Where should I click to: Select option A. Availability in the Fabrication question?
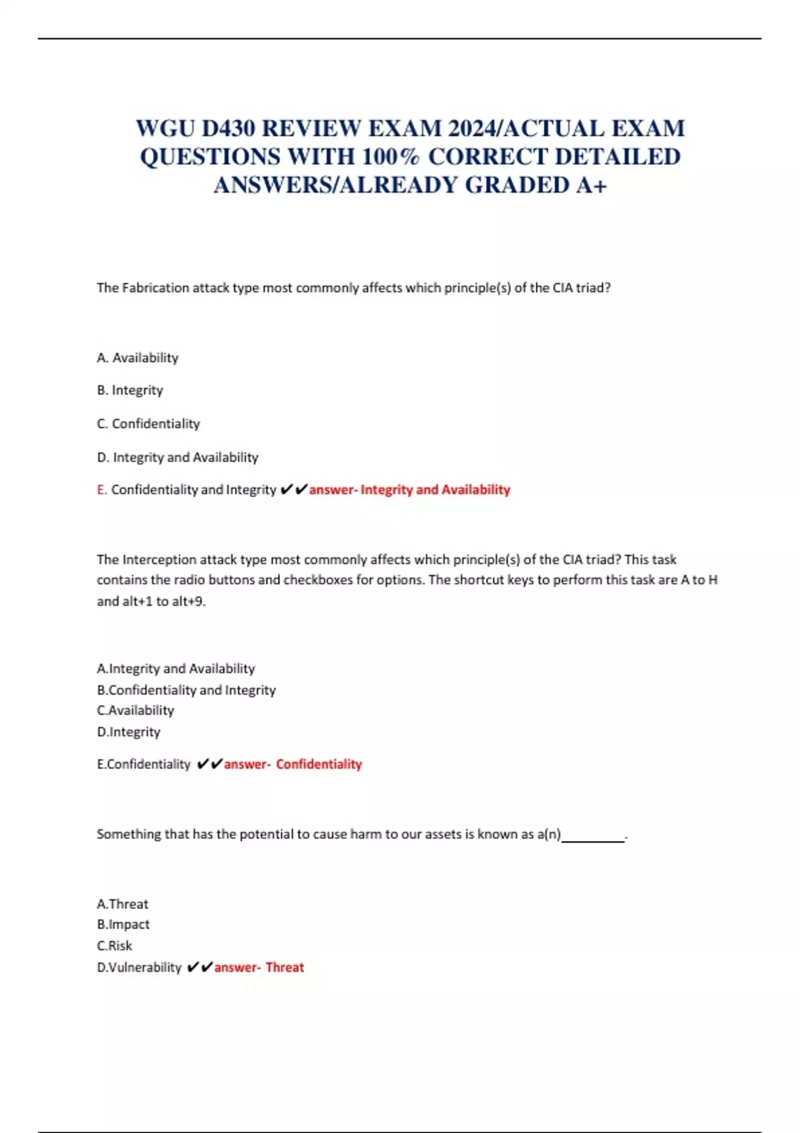pos(137,358)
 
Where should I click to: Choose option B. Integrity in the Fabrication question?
pos(130,390)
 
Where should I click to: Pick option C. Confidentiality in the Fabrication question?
pos(148,424)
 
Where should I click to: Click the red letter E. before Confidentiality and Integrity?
pos(101,490)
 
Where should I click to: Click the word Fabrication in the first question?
pos(155,288)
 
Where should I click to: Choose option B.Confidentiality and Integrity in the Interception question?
pos(186,690)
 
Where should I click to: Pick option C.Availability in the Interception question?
pos(135,710)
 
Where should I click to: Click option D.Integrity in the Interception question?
pos(129,732)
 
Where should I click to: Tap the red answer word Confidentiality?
pos(319,764)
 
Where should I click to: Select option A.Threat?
pos(123,904)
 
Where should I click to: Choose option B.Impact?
pos(123,924)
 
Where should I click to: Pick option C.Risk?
pos(115,946)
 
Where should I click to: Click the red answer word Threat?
pos(285,967)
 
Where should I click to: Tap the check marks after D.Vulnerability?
pos(199,967)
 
